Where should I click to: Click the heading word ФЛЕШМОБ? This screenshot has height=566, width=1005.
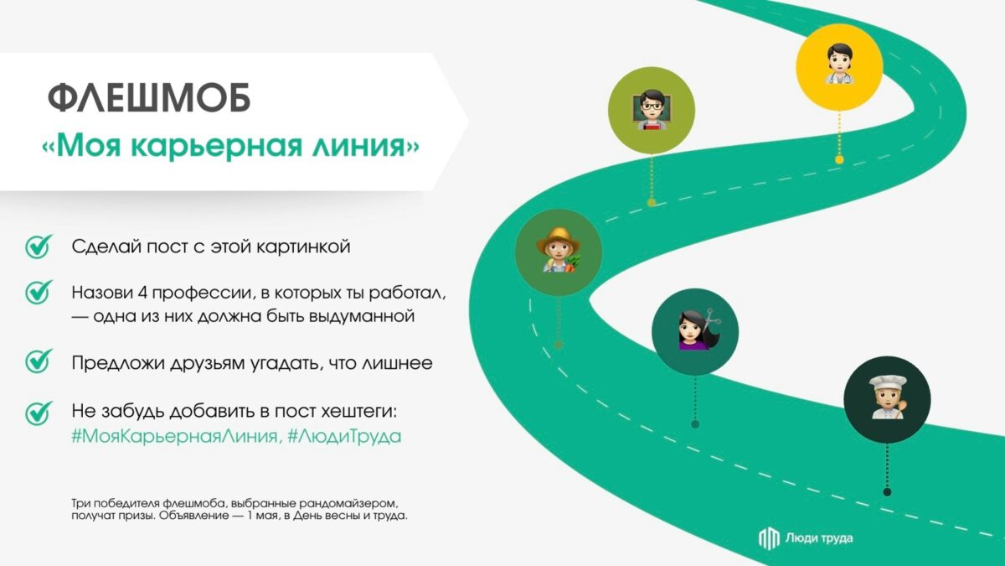[148, 99]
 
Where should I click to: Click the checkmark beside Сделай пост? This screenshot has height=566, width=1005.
[38, 247]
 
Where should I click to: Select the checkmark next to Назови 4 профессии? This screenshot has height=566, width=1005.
[38, 293]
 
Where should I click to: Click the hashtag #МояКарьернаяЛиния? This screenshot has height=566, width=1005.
[174, 437]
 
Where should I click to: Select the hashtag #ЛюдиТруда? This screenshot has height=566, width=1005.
[343, 437]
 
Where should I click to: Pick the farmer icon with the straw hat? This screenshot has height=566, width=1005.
[559, 251]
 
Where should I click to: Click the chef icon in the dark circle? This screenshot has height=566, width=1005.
[886, 397]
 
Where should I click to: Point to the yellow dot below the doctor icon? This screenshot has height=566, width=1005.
[838, 159]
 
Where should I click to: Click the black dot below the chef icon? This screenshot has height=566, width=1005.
[887, 491]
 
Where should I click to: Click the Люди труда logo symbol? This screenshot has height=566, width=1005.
[768, 538]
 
